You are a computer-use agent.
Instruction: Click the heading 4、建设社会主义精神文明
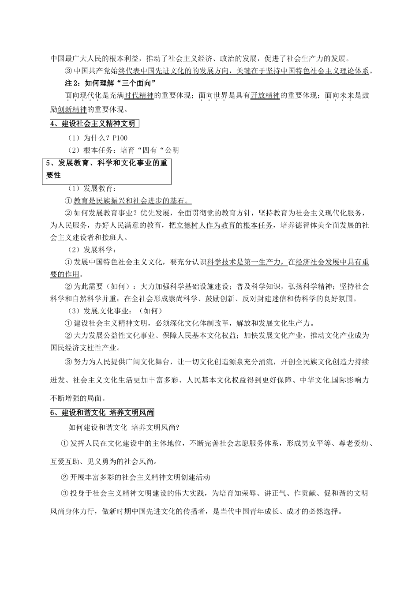[x=92, y=124]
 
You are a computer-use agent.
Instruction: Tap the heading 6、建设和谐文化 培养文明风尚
[x=102, y=413]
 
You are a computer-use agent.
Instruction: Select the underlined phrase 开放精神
[x=265, y=96]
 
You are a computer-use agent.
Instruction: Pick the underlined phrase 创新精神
[x=72, y=109]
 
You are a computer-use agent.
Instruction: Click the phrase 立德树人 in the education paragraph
[x=189, y=225]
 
